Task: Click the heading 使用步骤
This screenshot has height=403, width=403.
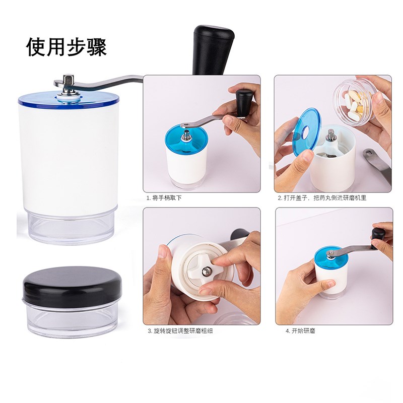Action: [x=66, y=47]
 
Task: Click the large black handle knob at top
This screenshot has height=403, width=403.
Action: [x=213, y=48]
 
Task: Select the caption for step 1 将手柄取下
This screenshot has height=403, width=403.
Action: [x=164, y=198]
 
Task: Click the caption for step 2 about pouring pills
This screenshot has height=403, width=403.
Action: [x=322, y=198]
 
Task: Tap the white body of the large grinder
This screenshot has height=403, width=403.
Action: [x=68, y=156]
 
